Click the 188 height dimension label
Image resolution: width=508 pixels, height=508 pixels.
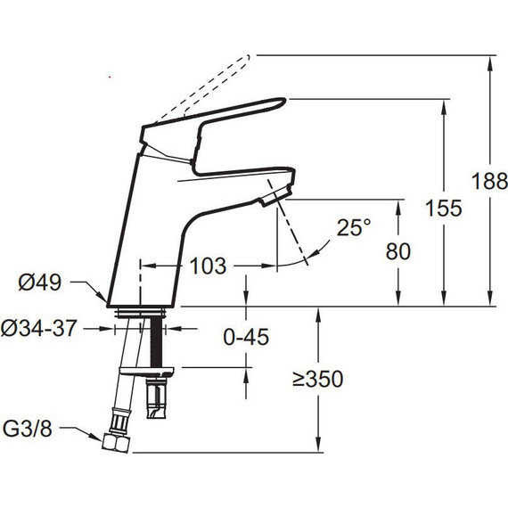[489, 181]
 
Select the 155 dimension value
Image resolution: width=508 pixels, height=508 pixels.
[444, 208]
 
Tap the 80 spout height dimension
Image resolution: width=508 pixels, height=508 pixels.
[398, 251]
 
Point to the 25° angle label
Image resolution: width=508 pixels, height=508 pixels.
[354, 227]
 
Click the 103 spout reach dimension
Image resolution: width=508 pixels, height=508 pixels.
[208, 266]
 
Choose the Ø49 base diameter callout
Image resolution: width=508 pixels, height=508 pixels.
[40, 283]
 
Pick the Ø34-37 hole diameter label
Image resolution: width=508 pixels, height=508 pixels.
[39, 328]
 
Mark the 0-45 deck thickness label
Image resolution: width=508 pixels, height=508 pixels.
[246, 337]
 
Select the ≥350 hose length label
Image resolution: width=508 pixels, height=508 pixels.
[317, 379]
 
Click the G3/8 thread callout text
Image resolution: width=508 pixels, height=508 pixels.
[28, 429]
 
